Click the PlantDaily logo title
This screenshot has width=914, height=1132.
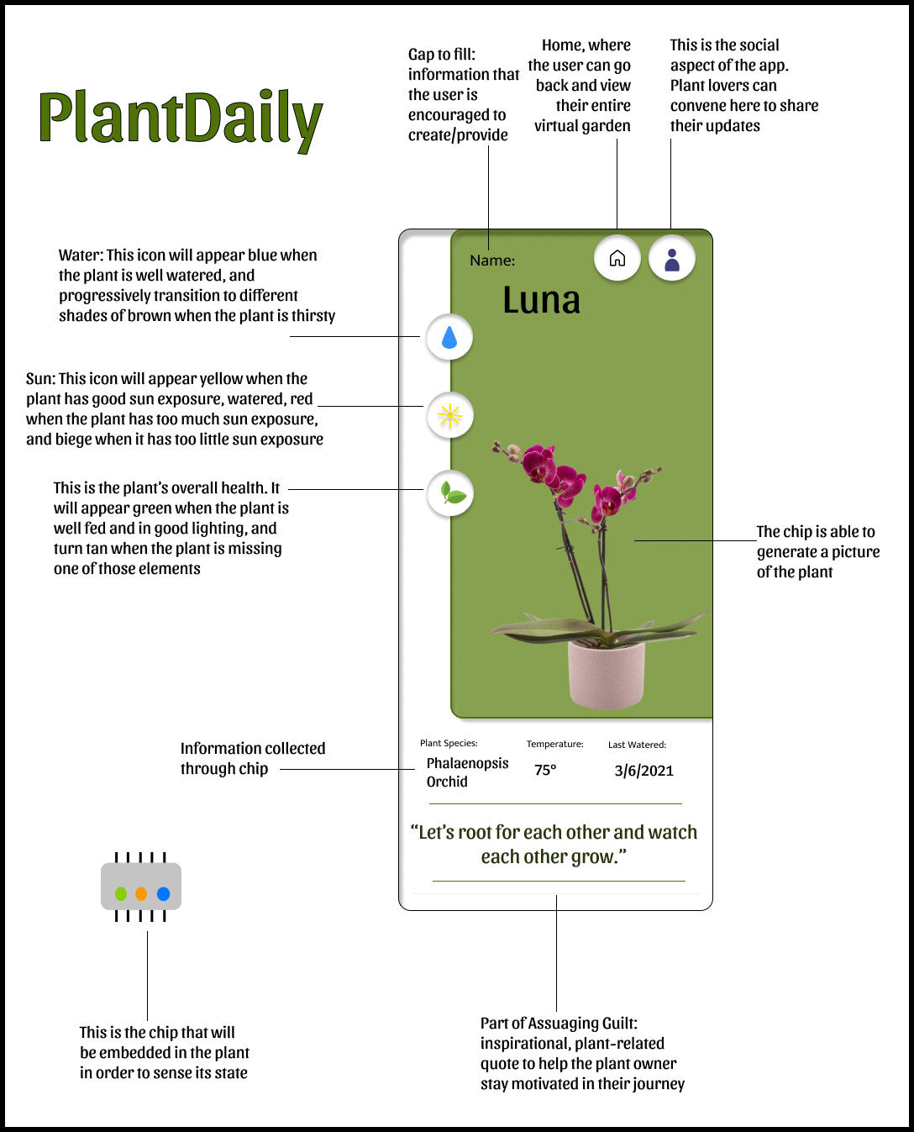[181, 118]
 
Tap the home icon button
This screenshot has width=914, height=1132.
[617, 258]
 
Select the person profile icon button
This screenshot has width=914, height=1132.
[672, 258]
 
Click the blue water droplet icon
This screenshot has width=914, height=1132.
[449, 337]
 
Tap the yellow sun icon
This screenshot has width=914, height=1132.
[450, 415]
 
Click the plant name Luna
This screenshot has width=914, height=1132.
[541, 300]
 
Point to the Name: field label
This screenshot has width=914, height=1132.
[492, 261]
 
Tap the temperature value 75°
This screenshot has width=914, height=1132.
[545, 770]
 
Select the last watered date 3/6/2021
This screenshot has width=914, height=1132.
[643, 771]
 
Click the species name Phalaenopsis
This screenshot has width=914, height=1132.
[467, 763]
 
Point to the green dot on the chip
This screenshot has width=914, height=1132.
[121, 893]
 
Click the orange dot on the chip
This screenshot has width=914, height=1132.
[141, 893]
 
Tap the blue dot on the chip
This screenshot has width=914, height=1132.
[163, 893]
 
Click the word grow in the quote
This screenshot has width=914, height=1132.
[593, 857]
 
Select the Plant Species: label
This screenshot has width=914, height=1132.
[449, 743]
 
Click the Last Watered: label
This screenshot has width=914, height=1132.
[637, 745]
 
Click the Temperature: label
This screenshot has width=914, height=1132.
[554, 744]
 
